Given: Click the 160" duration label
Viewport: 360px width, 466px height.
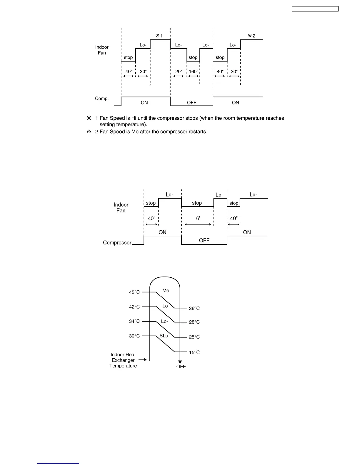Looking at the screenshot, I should coord(193,71).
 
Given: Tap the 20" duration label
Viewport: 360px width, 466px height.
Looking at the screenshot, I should coord(178,71).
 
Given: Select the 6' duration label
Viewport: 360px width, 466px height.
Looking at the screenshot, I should coord(198,218).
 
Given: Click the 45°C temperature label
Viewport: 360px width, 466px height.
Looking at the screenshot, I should coord(134,292).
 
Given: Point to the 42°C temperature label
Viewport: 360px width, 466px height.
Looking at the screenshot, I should coord(134,307).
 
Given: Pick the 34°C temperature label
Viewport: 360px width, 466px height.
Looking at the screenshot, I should coord(134,321).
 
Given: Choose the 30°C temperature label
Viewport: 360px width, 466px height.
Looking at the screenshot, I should coord(134,336).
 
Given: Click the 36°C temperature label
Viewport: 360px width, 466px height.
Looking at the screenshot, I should coord(194,308).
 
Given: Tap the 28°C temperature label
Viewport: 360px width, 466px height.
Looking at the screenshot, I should coord(194,322).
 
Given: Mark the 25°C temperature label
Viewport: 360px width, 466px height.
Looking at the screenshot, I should coord(194,337).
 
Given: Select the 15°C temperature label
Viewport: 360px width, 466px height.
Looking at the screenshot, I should coord(194,352).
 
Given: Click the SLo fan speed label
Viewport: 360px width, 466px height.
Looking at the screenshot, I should coord(164,336).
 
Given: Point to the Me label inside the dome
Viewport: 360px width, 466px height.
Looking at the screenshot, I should coord(166,291).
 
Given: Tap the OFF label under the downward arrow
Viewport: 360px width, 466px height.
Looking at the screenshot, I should coord(181,367).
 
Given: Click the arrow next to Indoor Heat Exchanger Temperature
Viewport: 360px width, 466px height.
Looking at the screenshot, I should coord(143,360).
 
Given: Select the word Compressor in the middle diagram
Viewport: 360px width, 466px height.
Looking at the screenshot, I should coord(117,243).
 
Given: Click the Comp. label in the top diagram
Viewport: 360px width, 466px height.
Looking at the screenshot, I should coord(102,99).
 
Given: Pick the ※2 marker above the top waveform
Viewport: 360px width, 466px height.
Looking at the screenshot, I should coord(251,36).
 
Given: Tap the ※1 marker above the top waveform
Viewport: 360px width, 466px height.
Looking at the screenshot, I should coord(159,36).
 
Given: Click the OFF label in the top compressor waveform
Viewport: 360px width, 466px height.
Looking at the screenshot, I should coord(191,103).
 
